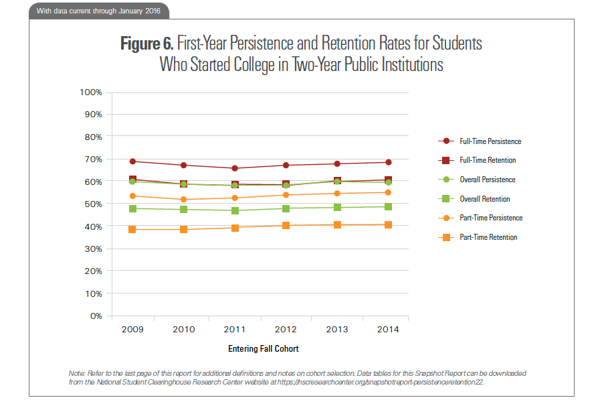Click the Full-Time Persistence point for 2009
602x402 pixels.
(x=132, y=161)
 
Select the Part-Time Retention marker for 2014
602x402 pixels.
(x=388, y=224)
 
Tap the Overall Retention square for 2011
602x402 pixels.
(x=235, y=210)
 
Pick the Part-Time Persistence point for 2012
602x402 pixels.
(x=286, y=195)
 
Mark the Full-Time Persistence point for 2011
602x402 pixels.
(x=235, y=168)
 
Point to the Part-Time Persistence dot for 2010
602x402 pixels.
(x=184, y=200)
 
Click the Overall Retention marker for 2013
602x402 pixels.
(x=337, y=208)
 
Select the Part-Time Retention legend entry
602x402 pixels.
(x=488, y=237)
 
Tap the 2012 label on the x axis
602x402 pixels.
(x=286, y=329)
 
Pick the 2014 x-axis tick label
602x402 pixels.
(x=388, y=329)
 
